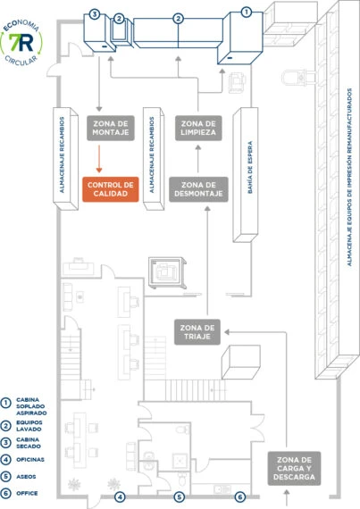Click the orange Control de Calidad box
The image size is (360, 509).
pyautogui.click(x=111, y=189)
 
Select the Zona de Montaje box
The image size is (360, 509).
pyautogui.click(x=111, y=128)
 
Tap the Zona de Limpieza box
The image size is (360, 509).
pyautogui.click(x=198, y=128)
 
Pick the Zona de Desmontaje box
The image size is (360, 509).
pyautogui.click(x=198, y=189)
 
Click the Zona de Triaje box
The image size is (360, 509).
pyautogui.click(x=197, y=332)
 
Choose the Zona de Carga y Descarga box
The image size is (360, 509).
pyautogui.click(x=294, y=469)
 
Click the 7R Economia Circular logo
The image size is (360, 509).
pyautogui.click(x=21, y=43)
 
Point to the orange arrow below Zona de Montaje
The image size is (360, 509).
pyautogui.click(x=99, y=159)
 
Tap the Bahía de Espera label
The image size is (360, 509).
pyautogui.click(x=250, y=168)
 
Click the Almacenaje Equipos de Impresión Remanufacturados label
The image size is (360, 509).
pyautogui.click(x=349, y=177)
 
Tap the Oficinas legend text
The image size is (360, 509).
pyautogui.click(x=30, y=459)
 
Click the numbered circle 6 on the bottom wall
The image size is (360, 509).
pyautogui.click(x=240, y=496)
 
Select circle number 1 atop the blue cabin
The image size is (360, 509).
pyautogui.click(x=247, y=12)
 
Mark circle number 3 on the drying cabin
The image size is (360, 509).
pyautogui.click(x=95, y=14)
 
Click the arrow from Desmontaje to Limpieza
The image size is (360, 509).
pyautogui.click(x=198, y=159)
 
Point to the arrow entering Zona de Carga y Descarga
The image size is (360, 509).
pyautogui.click(x=287, y=497)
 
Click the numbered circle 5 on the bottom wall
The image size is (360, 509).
pyautogui.click(x=180, y=496)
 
